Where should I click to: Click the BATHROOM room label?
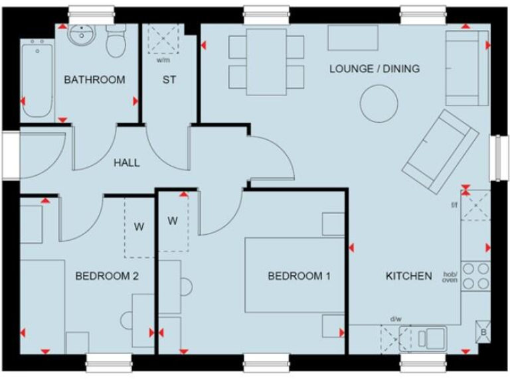(94, 80)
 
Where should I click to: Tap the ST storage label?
(169, 80)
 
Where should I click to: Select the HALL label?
(126, 162)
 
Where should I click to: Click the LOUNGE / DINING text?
(375, 69)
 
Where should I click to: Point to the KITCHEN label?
(408, 276)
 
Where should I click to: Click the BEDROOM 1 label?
(299, 276)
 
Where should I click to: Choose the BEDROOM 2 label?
(106, 276)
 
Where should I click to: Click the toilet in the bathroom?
(116, 41)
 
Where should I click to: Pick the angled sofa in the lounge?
(440, 147)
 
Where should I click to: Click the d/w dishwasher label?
(396, 319)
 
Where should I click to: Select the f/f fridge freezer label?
(454, 205)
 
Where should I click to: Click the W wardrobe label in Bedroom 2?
(139, 226)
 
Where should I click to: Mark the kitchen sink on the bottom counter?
(429, 337)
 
